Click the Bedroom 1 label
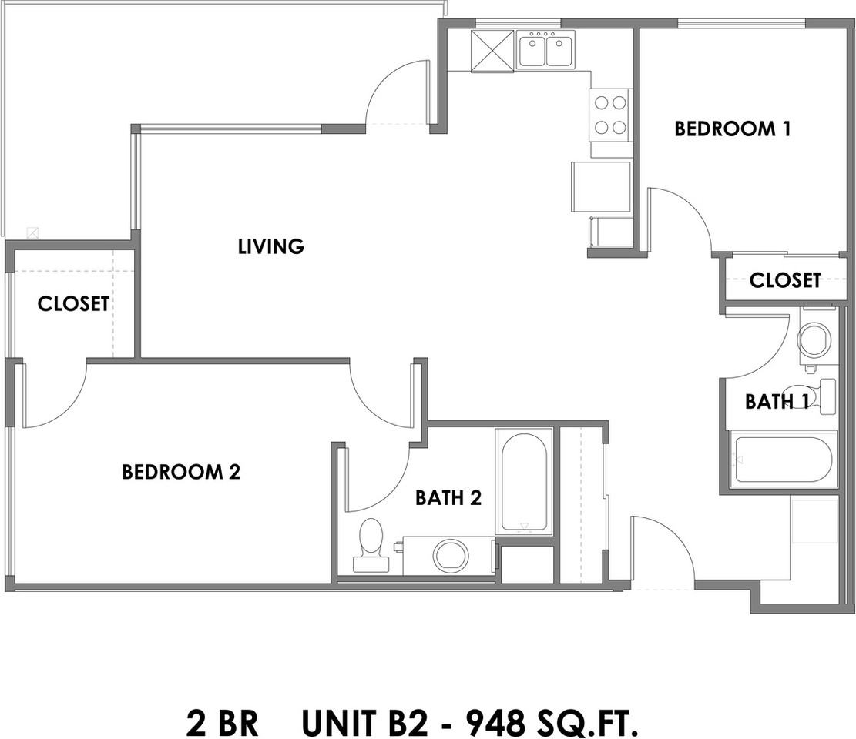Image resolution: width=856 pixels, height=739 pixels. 732,129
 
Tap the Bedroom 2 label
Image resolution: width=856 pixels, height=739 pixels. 181,472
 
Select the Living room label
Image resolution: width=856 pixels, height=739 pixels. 270,247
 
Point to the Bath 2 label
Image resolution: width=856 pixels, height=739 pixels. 448,498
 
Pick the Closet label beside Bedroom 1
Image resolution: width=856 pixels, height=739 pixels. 785,280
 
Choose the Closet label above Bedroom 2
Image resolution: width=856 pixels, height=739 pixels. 73,304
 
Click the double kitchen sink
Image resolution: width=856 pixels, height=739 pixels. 546,51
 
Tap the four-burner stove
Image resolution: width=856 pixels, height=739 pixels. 609,115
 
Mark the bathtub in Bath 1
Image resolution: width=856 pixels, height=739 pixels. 783,460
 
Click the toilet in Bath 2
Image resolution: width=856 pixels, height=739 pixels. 371,543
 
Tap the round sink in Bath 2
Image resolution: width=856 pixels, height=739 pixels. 451,556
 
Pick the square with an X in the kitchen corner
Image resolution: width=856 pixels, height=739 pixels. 492,51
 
